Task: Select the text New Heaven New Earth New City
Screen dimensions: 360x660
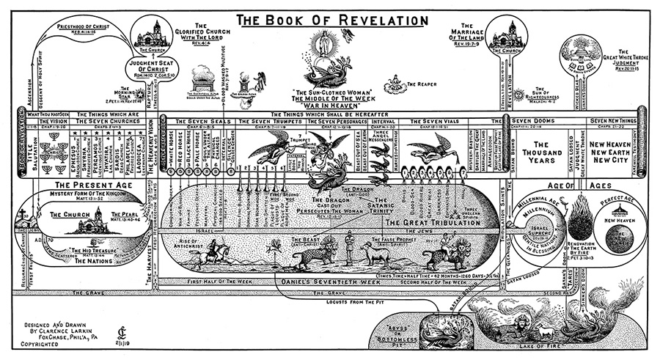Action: tap(606, 152)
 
